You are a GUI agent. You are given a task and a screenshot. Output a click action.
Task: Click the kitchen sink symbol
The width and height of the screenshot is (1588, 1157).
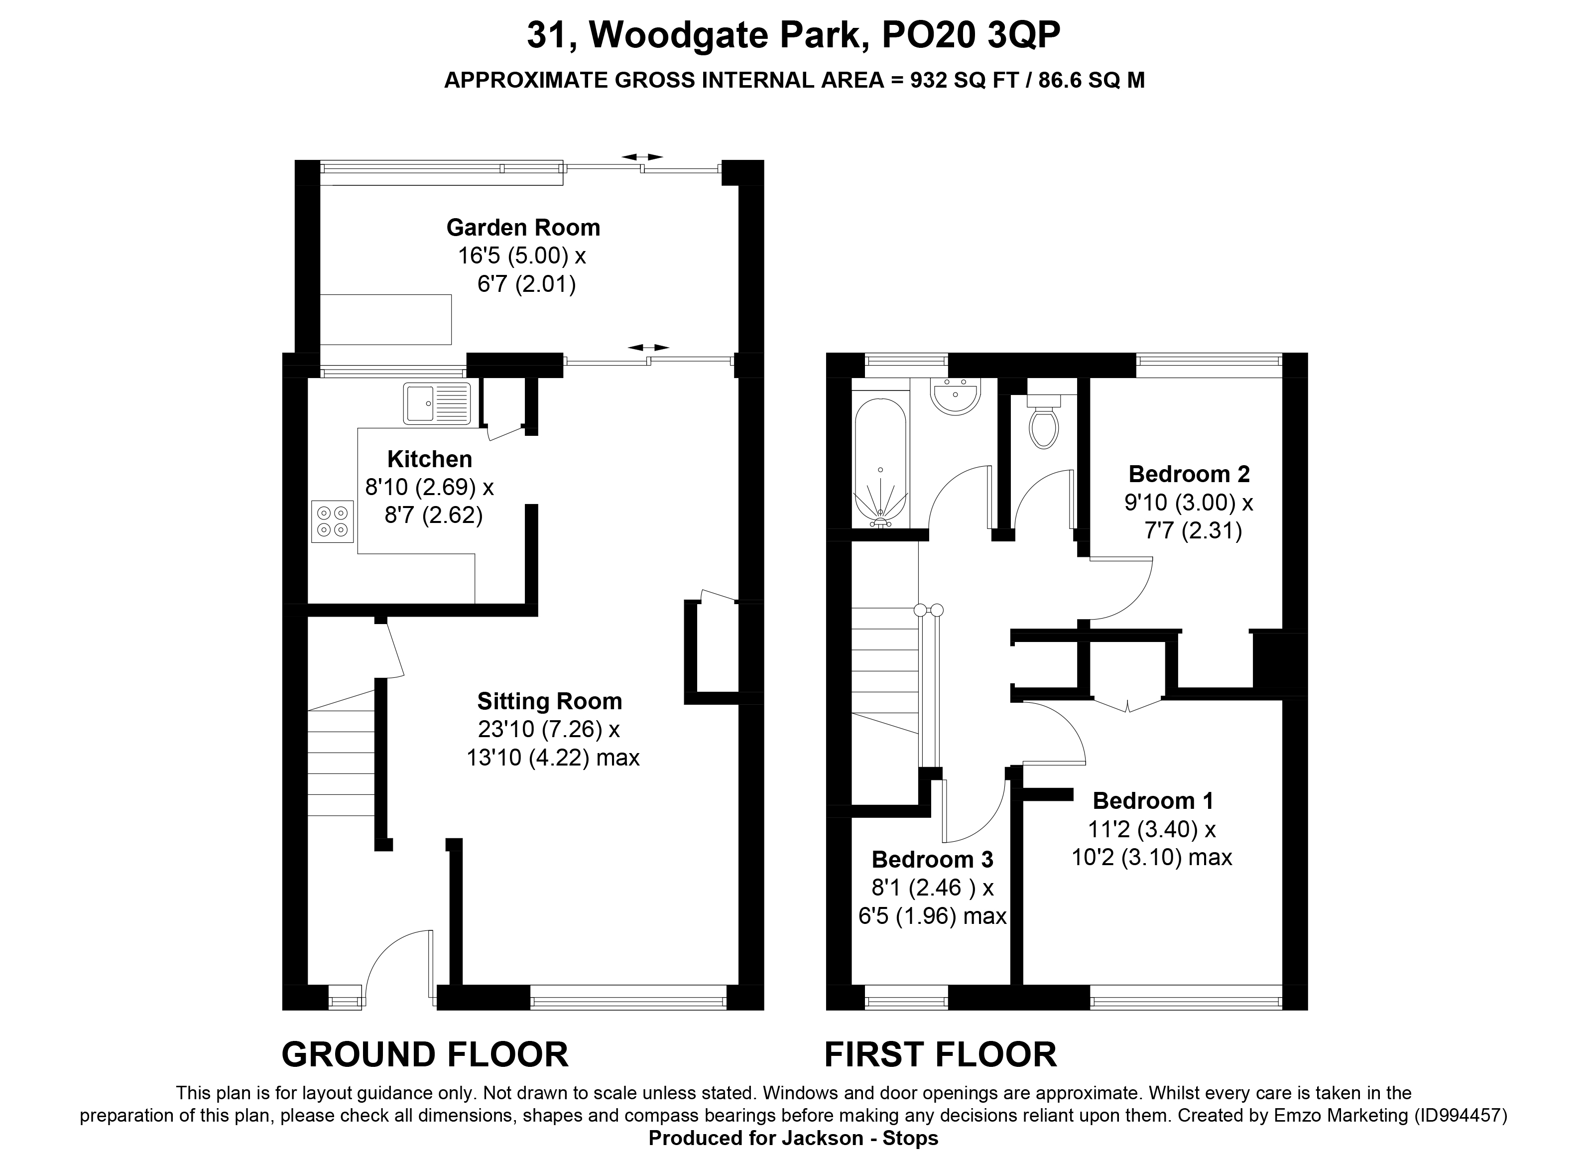coord(436,403)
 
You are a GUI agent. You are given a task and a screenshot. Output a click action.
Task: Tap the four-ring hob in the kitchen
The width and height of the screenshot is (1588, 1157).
coord(332,522)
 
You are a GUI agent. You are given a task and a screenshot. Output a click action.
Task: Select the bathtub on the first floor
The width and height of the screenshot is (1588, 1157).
coord(880,462)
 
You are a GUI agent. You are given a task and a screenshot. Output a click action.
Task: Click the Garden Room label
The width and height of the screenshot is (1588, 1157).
coord(523,228)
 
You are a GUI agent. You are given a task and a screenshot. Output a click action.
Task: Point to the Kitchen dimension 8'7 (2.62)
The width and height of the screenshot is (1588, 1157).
coord(433,515)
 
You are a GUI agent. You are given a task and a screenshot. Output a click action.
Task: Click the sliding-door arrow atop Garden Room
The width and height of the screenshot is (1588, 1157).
coord(643,157)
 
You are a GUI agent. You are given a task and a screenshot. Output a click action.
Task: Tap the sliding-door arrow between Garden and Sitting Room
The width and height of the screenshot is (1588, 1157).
coord(648,347)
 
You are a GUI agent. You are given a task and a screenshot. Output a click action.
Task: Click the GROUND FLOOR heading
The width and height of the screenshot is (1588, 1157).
coord(424,1055)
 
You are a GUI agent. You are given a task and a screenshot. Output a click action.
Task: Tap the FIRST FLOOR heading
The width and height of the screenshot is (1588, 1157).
coord(940,1055)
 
